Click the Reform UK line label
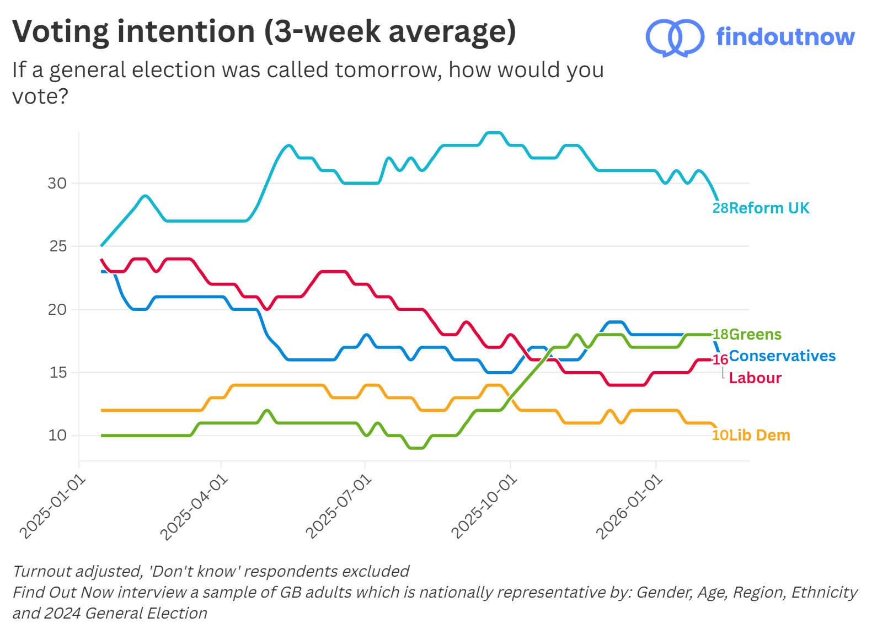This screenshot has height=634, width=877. pyautogui.click(x=769, y=208)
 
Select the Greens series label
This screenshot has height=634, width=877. pyautogui.click(x=755, y=334)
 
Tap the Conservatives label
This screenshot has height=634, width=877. pyautogui.click(x=782, y=356)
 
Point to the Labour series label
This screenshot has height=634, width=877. pyautogui.click(x=755, y=378)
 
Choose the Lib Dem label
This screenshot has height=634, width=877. pyautogui.click(x=760, y=435)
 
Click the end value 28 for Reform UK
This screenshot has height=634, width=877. pyautogui.click(x=720, y=208)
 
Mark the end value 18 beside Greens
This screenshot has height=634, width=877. pyautogui.click(x=720, y=334)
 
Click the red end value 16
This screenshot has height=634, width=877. pyautogui.click(x=720, y=360)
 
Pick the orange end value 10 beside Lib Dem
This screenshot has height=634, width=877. pyautogui.click(x=720, y=435)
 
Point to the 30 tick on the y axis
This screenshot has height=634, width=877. pyautogui.click(x=57, y=183)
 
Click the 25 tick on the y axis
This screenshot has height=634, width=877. pyautogui.click(x=57, y=246)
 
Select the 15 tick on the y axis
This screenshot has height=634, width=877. pyautogui.click(x=57, y=372)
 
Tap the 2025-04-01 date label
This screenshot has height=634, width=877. pyautogui.click(x=194, y=507)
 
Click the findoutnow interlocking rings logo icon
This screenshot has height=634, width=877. pyautogui.click(x=675, y=37)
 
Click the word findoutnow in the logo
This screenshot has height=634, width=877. pyautogui.click(x=785, y=37)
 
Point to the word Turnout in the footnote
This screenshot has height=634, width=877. pyautogui.click(x=42, y=571)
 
